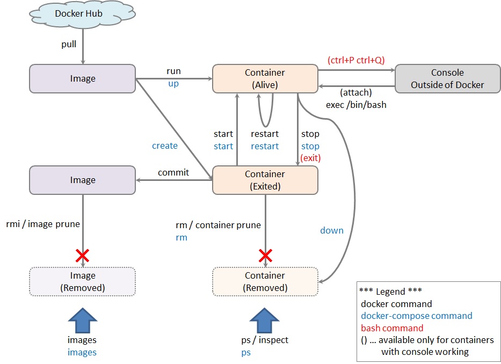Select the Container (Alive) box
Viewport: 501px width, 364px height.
pos(265,78)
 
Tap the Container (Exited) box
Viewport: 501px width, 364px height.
pos(265,180)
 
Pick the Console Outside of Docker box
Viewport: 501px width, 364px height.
pos(447,78)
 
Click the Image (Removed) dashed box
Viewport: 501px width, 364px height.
pos(82,281)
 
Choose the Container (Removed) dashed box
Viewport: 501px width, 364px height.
pos(265,281)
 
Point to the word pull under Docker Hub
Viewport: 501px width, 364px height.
pos(69,44)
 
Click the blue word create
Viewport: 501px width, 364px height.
pos(165,145)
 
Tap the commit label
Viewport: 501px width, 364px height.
pos(173,172)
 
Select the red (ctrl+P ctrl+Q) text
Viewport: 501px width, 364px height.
pos(356,60)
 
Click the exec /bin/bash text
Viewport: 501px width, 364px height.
pos(356,105)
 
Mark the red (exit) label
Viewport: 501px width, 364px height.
pos(310,158)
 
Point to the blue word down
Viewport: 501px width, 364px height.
pos(332,230)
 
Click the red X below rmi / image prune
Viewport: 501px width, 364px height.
pos(82,255)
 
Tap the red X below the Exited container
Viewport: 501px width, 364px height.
pos(265,255)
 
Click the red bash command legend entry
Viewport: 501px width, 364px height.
pos(392,328)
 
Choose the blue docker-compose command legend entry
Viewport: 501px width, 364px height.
pos(417,316)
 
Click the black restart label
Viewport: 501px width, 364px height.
pos(265,134)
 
